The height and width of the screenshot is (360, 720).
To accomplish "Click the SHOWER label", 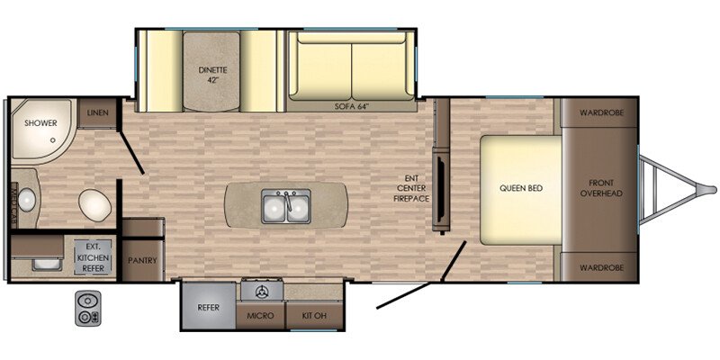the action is (40, 123).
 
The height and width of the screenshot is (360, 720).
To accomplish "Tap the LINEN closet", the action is (97, 113).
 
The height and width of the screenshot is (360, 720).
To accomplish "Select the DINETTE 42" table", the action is (211, 71).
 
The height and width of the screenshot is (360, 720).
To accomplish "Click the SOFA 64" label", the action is (351, 106).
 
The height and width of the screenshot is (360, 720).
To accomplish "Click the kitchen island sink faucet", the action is (287, 201).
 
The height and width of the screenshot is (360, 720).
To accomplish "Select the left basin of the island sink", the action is (275, 209).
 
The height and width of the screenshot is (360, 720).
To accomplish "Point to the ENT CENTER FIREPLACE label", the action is (413, 188).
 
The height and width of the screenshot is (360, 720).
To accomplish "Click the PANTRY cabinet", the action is (143, 260).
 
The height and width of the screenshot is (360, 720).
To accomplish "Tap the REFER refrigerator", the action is (209, 306).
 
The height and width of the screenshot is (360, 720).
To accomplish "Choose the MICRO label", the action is (260, 316).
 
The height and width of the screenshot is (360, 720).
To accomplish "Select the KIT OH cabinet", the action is (314, 316).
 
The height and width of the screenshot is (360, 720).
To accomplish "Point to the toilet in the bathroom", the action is (94, 204).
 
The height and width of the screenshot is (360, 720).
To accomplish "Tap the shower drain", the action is (54, 139).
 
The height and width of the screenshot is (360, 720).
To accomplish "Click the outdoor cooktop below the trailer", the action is (87, 308).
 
